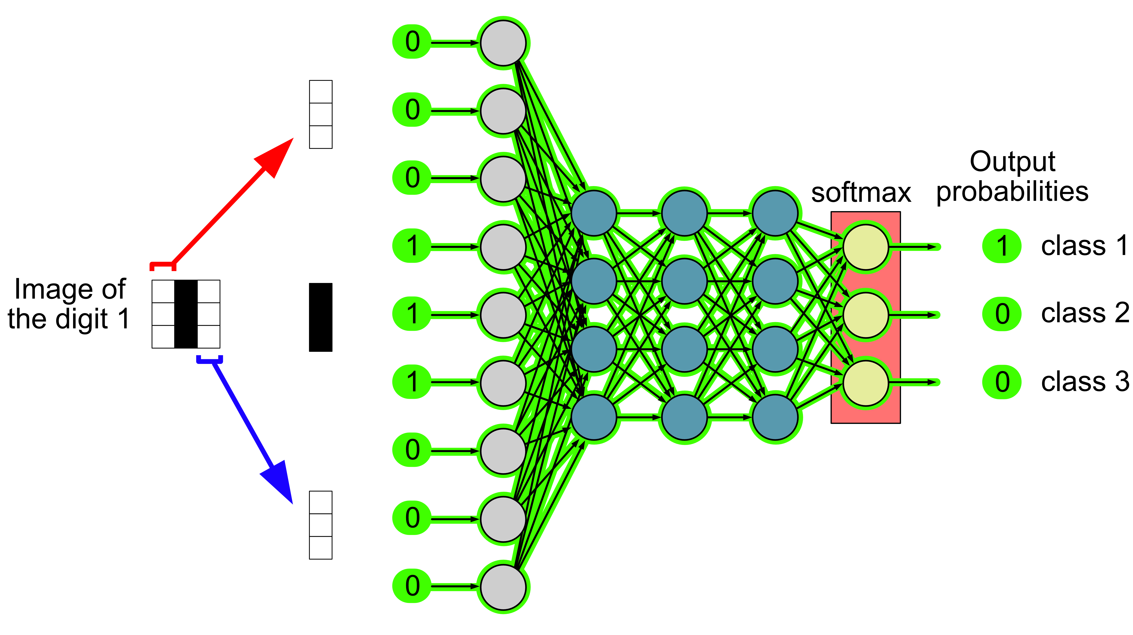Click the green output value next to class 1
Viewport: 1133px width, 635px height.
pyautogui.click(x=1001, y=246)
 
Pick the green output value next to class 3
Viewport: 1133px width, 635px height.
pyautogui.click(x=1001, y=382)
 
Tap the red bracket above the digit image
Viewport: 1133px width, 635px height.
pyautogui.click(x=163, y=265)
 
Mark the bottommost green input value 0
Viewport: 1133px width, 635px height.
pyautogui.click(x=412, y=586)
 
